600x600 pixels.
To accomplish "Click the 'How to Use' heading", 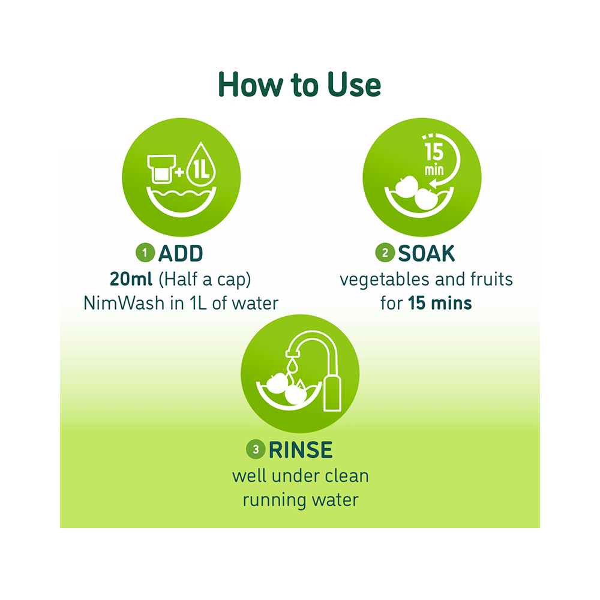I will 299,85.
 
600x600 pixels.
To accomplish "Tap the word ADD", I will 181,254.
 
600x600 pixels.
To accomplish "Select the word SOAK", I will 426,254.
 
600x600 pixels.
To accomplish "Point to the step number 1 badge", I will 145,254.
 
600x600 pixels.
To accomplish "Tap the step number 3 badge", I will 256,449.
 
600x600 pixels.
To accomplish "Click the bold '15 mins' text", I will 440,303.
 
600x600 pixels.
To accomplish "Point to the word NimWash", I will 122,303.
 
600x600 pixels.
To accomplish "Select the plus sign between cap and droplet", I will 179,172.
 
